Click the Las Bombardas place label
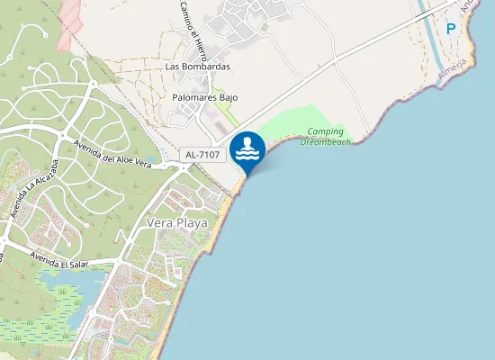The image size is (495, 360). (198, 67)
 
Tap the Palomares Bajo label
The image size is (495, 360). (204, 97)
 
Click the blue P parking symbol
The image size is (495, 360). (451, 28)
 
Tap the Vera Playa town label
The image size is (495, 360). (177, 222)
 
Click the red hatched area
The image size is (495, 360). (67, 22)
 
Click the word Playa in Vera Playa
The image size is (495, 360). (192, 222)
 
